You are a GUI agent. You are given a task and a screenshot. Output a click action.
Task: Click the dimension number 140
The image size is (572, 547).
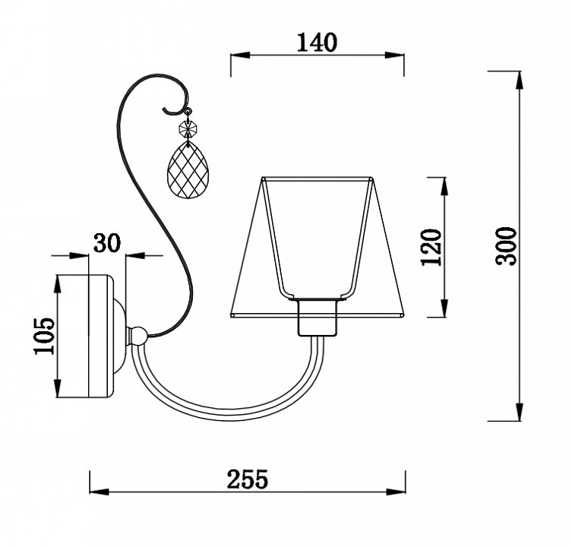click(x=317, y=43)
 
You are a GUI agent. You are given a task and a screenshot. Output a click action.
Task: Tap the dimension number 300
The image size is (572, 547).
click(x=507, y=246)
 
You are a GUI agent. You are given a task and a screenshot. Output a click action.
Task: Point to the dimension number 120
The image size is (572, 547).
click(x=431, y=247)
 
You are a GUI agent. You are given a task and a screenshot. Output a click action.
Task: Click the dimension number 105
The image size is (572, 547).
click(x=44, y=336)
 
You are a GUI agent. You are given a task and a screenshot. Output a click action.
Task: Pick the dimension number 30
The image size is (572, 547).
click(x=107, y=242)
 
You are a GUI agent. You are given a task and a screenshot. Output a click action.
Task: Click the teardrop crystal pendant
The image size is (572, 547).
click(x=186, y=170)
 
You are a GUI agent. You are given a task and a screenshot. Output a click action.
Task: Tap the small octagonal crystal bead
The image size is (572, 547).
click(x=188, y=128)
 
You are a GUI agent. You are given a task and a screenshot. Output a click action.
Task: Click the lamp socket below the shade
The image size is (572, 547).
click(x=316, y=317)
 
